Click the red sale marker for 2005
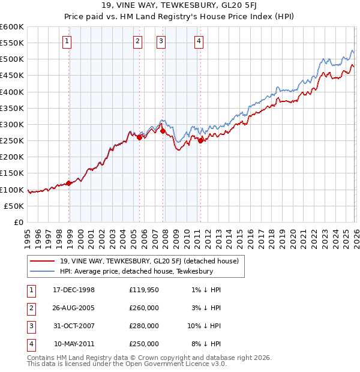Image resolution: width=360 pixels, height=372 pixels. (x=140, y=137)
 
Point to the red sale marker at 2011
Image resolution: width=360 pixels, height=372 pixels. (x=200, y=140)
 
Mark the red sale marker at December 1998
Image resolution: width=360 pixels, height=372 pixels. (x=69, y=183)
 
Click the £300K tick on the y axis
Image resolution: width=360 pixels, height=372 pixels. (x=12, y=124)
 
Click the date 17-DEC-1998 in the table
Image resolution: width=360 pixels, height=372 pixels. (x=74, y=290)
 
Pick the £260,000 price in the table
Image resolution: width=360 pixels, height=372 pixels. (x=144, y=308)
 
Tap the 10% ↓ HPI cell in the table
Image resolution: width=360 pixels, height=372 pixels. (x=204, y=326)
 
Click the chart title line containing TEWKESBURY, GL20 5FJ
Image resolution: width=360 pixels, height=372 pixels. (x=179, y=7)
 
